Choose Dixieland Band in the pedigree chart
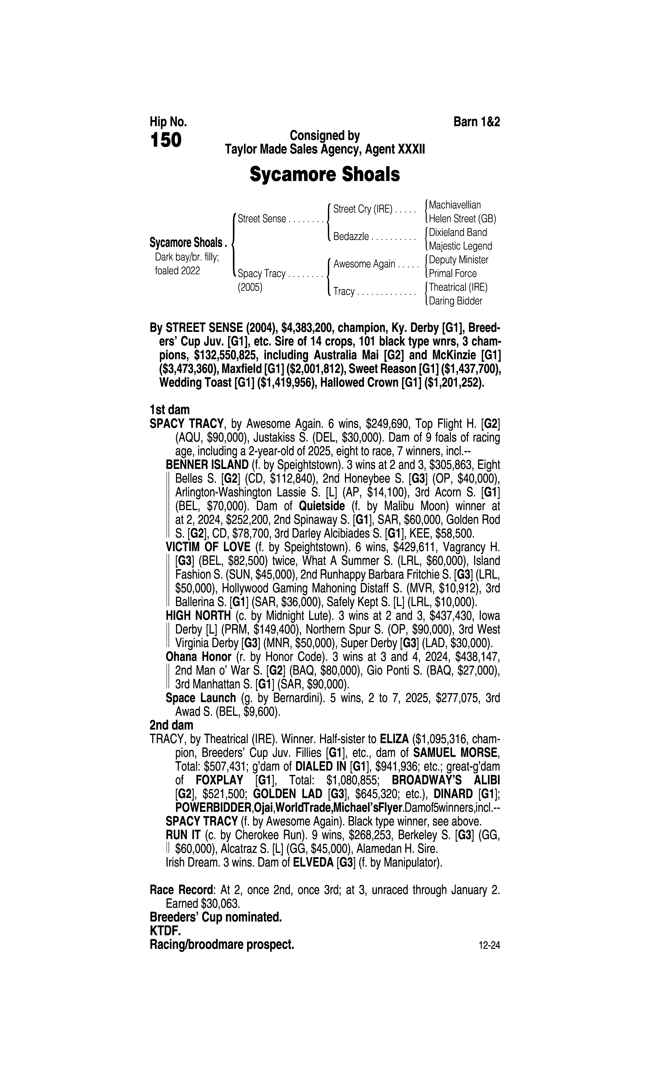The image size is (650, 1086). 458,232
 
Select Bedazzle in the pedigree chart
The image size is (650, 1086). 351,237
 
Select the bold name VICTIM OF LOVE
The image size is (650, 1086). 208,547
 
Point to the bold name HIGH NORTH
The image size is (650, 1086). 198,616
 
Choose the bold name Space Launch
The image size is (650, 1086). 201,698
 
